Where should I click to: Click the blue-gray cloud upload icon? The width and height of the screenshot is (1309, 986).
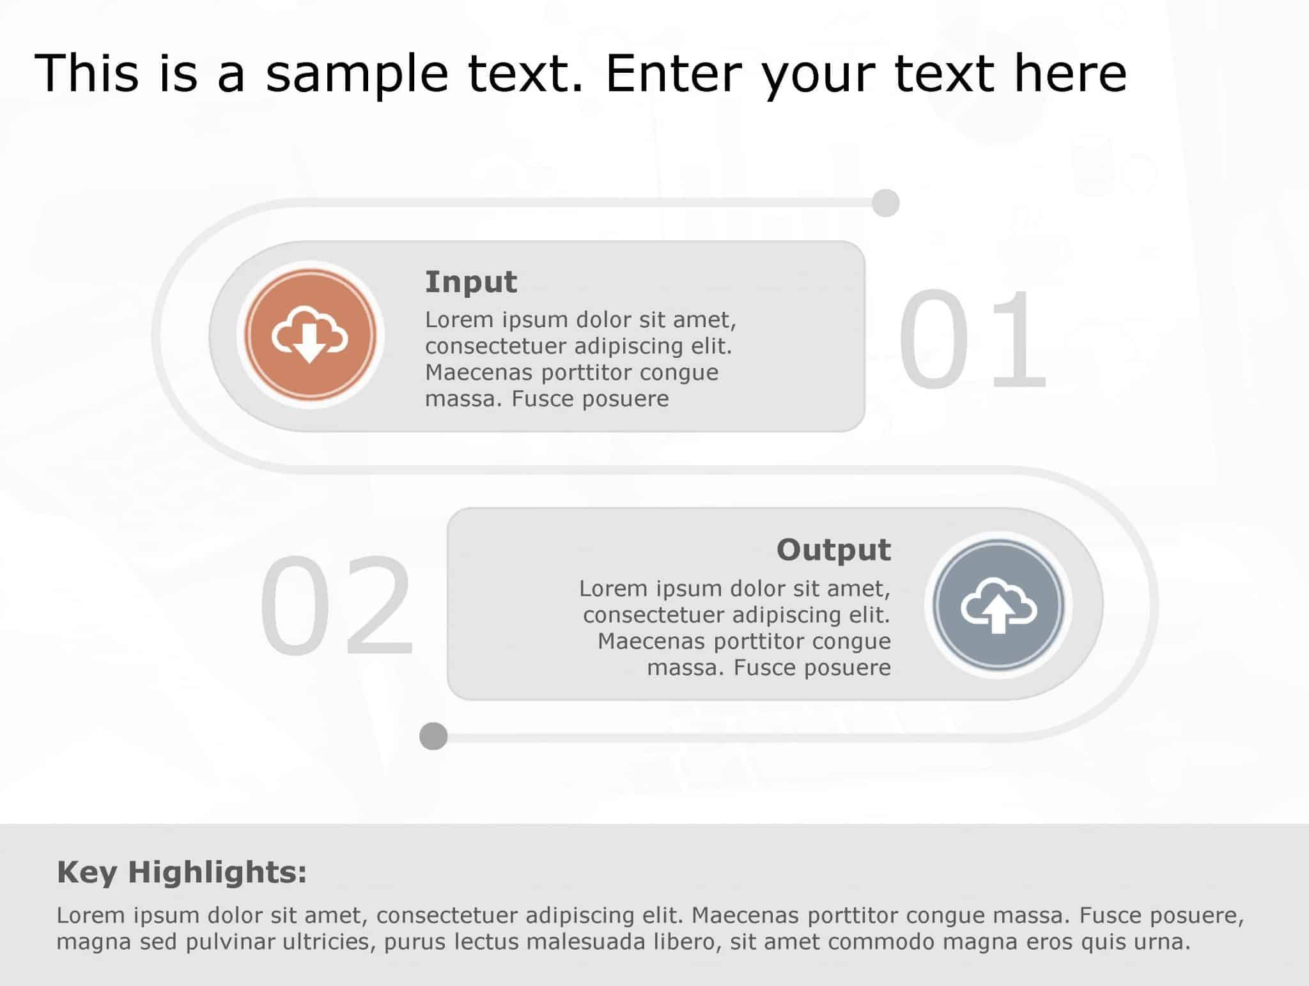click(x=998, y=605)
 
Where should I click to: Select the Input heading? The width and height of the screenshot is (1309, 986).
click(x=471, y=282)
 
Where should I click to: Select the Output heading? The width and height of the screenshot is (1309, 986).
click(x=833, y=550)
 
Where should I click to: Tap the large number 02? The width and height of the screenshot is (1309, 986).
click(x=337, y=605)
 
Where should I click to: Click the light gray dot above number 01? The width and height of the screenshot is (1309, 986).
click(x=885, y=203)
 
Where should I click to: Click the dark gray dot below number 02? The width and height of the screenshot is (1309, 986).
click(x=433, y=736)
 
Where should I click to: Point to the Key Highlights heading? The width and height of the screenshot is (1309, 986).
click(x=182, y=872)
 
